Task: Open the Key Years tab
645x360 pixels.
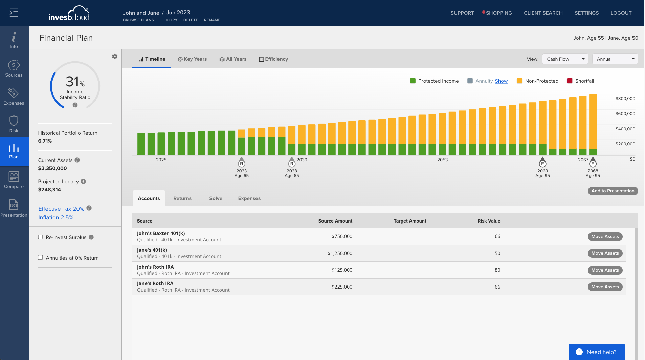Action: [x=192, y=59]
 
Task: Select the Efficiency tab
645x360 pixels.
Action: [x=273, y=59]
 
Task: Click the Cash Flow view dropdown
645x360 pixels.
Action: [x=565, y=59]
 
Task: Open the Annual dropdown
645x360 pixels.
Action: [x=615, y=59]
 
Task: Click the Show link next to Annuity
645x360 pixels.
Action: [x=501, y=81]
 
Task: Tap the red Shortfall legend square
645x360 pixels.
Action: [x=570, y=81]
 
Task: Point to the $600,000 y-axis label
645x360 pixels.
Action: [x=625, y=114]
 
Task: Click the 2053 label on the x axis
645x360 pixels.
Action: [x=442, y=160]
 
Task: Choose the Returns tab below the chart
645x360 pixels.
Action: [x=182, y=198]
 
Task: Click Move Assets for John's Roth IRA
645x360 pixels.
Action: [x=605, y=270]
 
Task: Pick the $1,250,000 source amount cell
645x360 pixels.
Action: [x=340, y=253]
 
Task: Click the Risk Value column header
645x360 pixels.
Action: [x=489, y=221]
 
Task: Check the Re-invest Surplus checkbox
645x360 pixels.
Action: [x=40, y=237]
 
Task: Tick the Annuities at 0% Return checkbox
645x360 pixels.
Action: [x=40, y=257]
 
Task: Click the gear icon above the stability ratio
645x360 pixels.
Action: [x=115, y=56]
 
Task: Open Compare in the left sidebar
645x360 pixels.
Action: [x=14, y=179]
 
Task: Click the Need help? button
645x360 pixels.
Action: [x=597, y=352]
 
